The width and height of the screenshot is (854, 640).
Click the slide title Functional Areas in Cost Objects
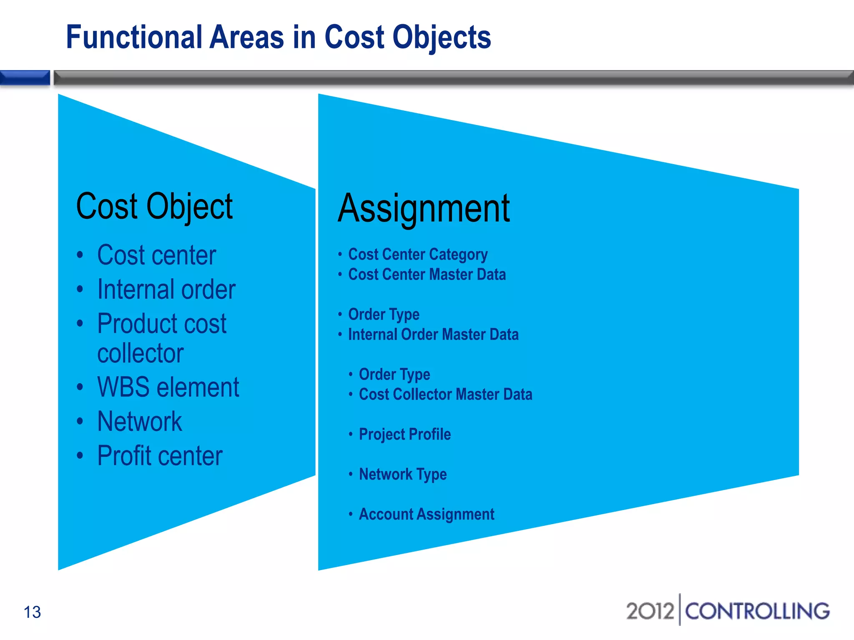click(278, 37)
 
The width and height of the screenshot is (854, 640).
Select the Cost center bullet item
click(156, 255)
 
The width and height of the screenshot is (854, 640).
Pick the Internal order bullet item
click(166, 289)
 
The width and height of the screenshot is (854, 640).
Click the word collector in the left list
click(140, 353)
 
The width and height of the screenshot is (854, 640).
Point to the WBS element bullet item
click(168, 387)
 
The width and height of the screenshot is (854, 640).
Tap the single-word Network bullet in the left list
click(139, 421)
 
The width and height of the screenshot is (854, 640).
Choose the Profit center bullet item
click(160, 455)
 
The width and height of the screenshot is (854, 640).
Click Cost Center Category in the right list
click(417, 254)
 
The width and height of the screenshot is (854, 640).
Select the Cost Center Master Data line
click(427, 274)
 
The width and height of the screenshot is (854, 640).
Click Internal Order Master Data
click(433, 334)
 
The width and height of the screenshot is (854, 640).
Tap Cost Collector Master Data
click(445, 394)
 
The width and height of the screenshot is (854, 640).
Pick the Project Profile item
click(404, 434)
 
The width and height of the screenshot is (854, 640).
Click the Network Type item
click(402, 474)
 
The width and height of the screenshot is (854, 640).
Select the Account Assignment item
click(426, 514)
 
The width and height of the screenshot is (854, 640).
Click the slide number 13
click(32, 612)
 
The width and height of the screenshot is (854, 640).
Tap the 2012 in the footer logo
click(650, 611)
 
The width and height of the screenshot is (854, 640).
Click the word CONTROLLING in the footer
click(757, 611)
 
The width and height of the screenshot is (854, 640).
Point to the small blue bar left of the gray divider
click(25, 78)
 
